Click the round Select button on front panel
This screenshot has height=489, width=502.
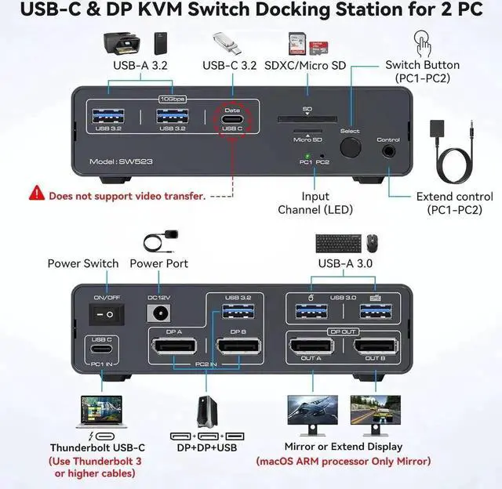click(351, 147)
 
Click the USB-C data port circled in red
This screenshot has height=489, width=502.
click(231, 121)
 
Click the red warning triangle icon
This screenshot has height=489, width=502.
click(36, 193)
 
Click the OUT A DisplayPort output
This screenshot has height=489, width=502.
click(311, 346)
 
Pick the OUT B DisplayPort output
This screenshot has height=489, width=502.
click(373, 346)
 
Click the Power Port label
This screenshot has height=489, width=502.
click(158, 263)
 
